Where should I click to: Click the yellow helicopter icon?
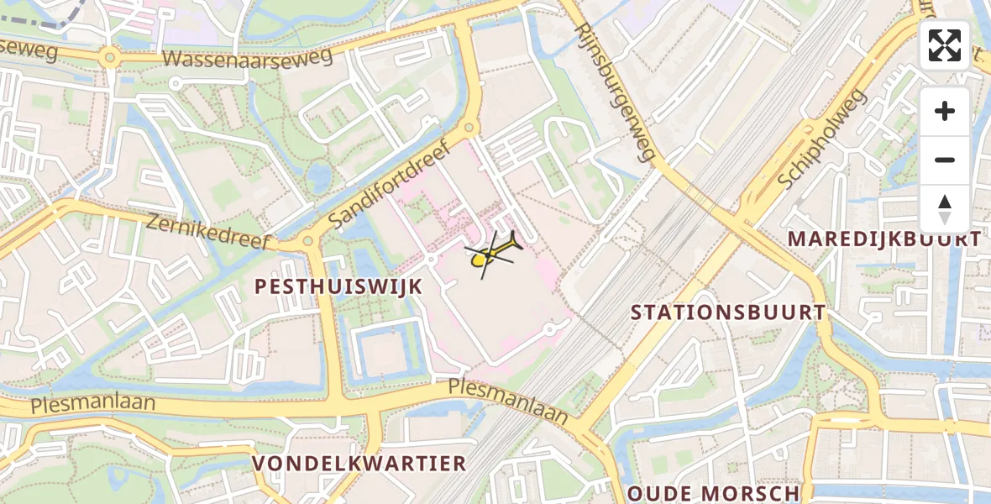pyautogui.click(x=492, y=254)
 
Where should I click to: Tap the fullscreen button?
pyautogui.click(x=945, y=45)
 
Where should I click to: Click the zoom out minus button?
pyautogui.click(x=945, y=160)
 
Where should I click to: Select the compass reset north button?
pyautogui.click(x=945, y=209)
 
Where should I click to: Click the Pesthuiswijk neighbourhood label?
pyautogui.click(x=338, y=286)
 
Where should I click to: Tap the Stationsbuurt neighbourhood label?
pyautogui.click(x=728, y=312)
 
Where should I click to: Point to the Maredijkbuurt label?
pyautogui.click(x=884, y=239)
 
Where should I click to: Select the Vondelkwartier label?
pyautogui.click(x=359, y=464)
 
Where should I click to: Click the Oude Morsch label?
pyautogui.click(x=714, y=493)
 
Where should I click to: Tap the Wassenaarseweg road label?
pyautogui.click(x=248, y=57)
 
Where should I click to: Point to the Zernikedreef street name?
pyautogui.click(x=208, y=233)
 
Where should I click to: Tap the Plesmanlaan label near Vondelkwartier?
pyautogui.click(x=508, y=399)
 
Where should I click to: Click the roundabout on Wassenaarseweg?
pyautogui.click(x=107, y=59)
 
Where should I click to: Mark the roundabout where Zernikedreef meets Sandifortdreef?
pyautogui.click(x=308, y=243)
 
